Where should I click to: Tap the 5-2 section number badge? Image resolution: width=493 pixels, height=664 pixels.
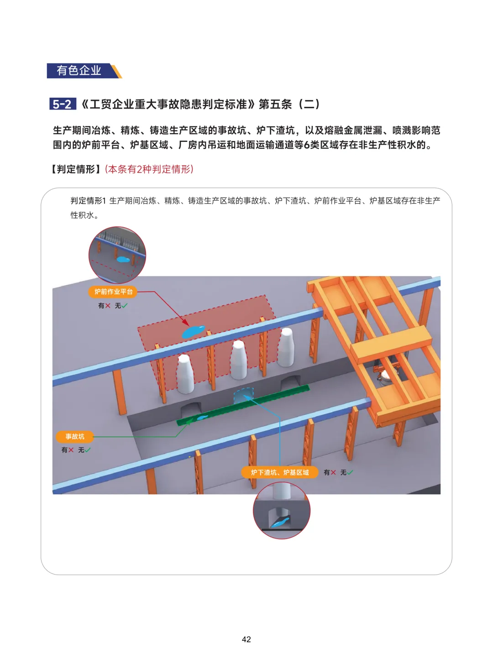(62, 104)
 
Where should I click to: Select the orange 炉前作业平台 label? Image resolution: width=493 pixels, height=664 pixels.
(113, 292)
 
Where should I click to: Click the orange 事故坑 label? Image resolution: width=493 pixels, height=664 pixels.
(75, 436)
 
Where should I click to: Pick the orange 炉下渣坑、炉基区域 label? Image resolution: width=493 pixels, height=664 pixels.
(280, 472)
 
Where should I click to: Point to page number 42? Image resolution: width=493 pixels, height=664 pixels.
(246, 639)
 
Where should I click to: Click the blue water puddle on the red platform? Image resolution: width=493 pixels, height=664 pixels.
(193, 331)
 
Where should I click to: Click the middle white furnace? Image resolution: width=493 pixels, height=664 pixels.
(239, 360)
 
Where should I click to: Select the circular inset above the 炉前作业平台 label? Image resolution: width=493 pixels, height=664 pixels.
(117, 255)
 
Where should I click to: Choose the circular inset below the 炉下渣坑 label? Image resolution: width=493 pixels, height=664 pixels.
(282, 510)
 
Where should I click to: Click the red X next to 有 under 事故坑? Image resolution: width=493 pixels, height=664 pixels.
(71, 450)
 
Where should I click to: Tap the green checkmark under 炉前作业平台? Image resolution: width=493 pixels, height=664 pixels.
(124, 306)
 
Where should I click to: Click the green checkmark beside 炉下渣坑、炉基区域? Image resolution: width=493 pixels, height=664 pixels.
(350, 472)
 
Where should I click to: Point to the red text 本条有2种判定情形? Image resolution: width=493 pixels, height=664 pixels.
(149, 169)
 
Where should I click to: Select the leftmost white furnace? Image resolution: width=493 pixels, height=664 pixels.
(185, 374)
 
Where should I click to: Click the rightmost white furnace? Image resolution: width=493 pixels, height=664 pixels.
(286, 347)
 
